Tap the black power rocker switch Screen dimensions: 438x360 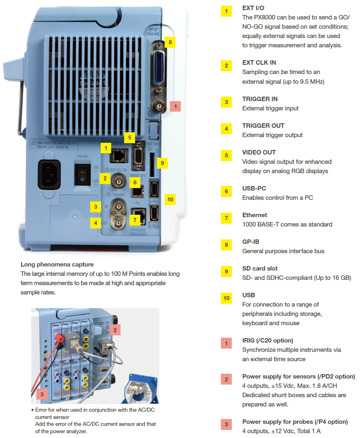[x=83, y=174]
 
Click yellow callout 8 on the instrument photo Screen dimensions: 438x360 [x=170, y=42]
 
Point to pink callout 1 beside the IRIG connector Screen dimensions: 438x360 [x=175, y=106]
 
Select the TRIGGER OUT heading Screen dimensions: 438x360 [x=263, y=126]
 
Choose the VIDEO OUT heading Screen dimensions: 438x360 [x=259, y=152]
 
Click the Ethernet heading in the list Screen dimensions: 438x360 [x=254, y=215]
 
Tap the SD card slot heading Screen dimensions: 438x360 [x=260, y=269]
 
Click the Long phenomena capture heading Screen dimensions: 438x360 [x=57, y=264]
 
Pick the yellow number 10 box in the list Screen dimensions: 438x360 [x=227, y=298]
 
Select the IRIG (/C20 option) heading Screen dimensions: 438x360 [x=268, y=341]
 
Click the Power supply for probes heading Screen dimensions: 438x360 [x=295, y=422]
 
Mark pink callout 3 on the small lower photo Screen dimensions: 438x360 [x=42, y=394]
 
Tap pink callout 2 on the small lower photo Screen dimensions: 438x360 [x=115, y=330]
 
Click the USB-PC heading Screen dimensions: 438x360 [x=254, y=188]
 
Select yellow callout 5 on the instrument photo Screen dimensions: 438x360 [x=129, y=138]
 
